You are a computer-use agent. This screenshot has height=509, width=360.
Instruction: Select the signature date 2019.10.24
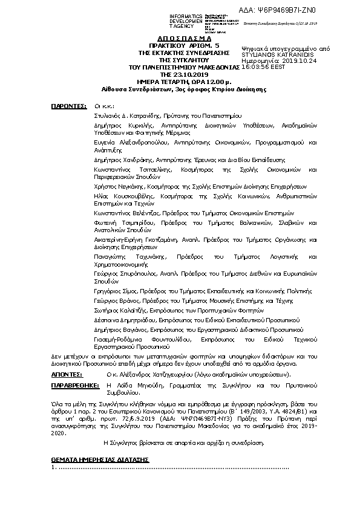click(290, 61)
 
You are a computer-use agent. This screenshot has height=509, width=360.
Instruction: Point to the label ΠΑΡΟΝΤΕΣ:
click(68, 105)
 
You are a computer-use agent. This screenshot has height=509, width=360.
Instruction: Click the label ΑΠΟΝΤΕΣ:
click(68, 375)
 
